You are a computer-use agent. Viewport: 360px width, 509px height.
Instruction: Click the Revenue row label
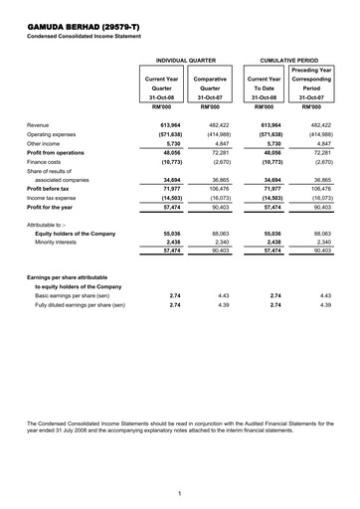click(x=39, y=125)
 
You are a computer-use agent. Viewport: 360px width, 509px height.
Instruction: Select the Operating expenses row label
click(x=51, y=134)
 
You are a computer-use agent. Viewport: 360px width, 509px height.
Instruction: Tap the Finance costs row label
click(x=45, y=161)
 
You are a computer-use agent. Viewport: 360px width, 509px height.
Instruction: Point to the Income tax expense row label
click(x=52, y=197)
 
